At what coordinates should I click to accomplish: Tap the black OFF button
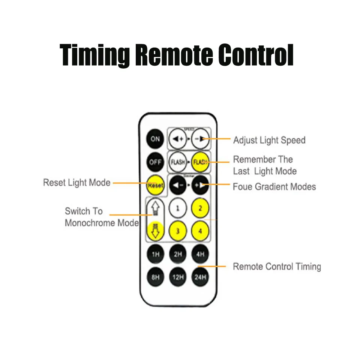click(x=155, y=162)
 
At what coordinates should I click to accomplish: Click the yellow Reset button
click(x=155, y=185)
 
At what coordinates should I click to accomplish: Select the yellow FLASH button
click(x=200, y=162)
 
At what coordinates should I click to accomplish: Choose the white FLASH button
click(x=178, y=162)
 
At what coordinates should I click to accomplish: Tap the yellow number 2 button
click(x=200, y=208)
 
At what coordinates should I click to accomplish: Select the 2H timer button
click(x=178, y=255)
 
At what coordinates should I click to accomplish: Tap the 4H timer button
click(x=200, y=255)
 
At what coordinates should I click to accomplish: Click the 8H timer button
click(x=155, y=277)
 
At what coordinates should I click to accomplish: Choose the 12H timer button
click(x=178, y=277)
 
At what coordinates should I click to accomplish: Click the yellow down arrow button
click(x=155, y=230)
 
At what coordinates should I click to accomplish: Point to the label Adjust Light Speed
click(x=269, y=140)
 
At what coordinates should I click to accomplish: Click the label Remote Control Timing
click(x=277, y=267)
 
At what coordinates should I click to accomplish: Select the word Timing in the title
click(x=94, y=55)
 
